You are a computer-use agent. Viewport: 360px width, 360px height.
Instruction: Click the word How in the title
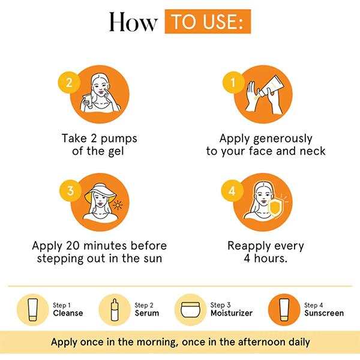tap(133, 22)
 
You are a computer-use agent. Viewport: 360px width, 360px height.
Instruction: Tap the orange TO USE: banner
tap(208, 22)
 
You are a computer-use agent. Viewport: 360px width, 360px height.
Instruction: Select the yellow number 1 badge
tap(233, 82)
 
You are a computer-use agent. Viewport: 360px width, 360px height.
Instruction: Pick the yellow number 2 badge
tap(69, 82)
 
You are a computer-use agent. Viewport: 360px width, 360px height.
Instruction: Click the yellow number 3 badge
tap(70, 191)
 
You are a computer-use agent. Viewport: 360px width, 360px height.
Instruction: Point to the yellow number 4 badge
tap(232, 191)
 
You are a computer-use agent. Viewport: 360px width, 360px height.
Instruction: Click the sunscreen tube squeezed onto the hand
tap(271, 86)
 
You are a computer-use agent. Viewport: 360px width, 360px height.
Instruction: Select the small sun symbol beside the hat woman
tap(118, 205)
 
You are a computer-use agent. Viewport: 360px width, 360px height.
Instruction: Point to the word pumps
tap(119, 139)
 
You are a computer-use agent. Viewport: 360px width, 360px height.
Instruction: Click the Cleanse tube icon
tap(33, 310)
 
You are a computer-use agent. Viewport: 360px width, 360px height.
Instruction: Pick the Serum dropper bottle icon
tap(115, 310)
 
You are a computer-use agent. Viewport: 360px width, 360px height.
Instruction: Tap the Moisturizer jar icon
tap(190, 310)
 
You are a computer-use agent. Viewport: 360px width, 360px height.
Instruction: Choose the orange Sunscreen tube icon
tap(284, 310)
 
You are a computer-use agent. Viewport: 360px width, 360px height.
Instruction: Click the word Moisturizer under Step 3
tap(232, 313)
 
